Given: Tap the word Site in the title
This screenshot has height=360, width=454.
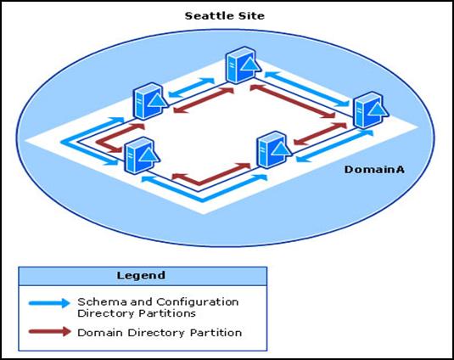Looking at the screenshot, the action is coord(251,15).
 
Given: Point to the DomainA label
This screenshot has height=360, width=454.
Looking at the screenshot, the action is coord(374,170).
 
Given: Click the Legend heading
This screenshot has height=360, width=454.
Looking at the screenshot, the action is coord(141,275).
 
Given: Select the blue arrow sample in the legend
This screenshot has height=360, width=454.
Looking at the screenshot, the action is coord(49,303).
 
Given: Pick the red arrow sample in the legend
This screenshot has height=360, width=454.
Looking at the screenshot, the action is coord(50,332).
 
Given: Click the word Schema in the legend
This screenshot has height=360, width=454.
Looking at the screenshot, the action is coord(102,302).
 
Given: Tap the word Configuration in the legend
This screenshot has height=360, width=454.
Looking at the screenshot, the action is coord(198,302).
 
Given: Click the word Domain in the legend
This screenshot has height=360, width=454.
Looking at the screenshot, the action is coord(100,333).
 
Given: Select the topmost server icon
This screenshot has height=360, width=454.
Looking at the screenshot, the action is coord(243,65).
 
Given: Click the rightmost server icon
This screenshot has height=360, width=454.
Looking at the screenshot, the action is coord(371,110).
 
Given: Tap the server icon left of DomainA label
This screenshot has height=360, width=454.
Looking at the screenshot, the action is coord(275,149).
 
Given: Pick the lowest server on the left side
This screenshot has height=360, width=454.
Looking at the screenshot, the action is coord(142,155).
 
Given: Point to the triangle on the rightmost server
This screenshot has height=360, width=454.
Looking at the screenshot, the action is coord(378,110).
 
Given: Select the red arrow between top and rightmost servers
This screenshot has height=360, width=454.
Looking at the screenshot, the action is coord(293,101).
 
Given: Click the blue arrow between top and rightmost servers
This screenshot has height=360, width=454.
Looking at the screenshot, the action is coord(307,88).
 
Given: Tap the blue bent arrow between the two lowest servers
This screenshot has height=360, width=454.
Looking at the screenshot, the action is coord(202,199).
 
